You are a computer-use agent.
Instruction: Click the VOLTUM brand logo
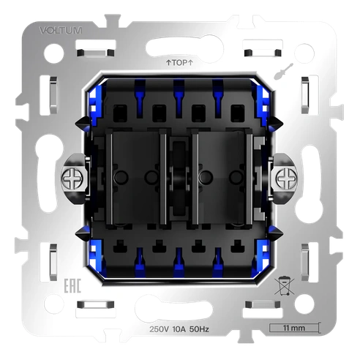click(x=61, y=31)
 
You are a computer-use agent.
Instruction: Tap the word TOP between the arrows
click(x=179, y=63)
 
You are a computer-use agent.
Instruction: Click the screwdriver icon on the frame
click(x=283, y=71)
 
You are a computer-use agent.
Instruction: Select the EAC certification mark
click(x=72, y=286)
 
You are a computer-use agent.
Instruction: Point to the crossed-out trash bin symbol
click(x=284, y=286)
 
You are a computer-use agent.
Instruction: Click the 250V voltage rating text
click(x=159, y=329)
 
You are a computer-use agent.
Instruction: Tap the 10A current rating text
click(x=179, y=329)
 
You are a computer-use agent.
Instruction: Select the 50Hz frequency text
click(x=199, y=329)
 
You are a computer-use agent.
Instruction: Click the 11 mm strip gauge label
click(x=294, y=328)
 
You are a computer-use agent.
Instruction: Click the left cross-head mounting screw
click(x=72, y=179)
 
